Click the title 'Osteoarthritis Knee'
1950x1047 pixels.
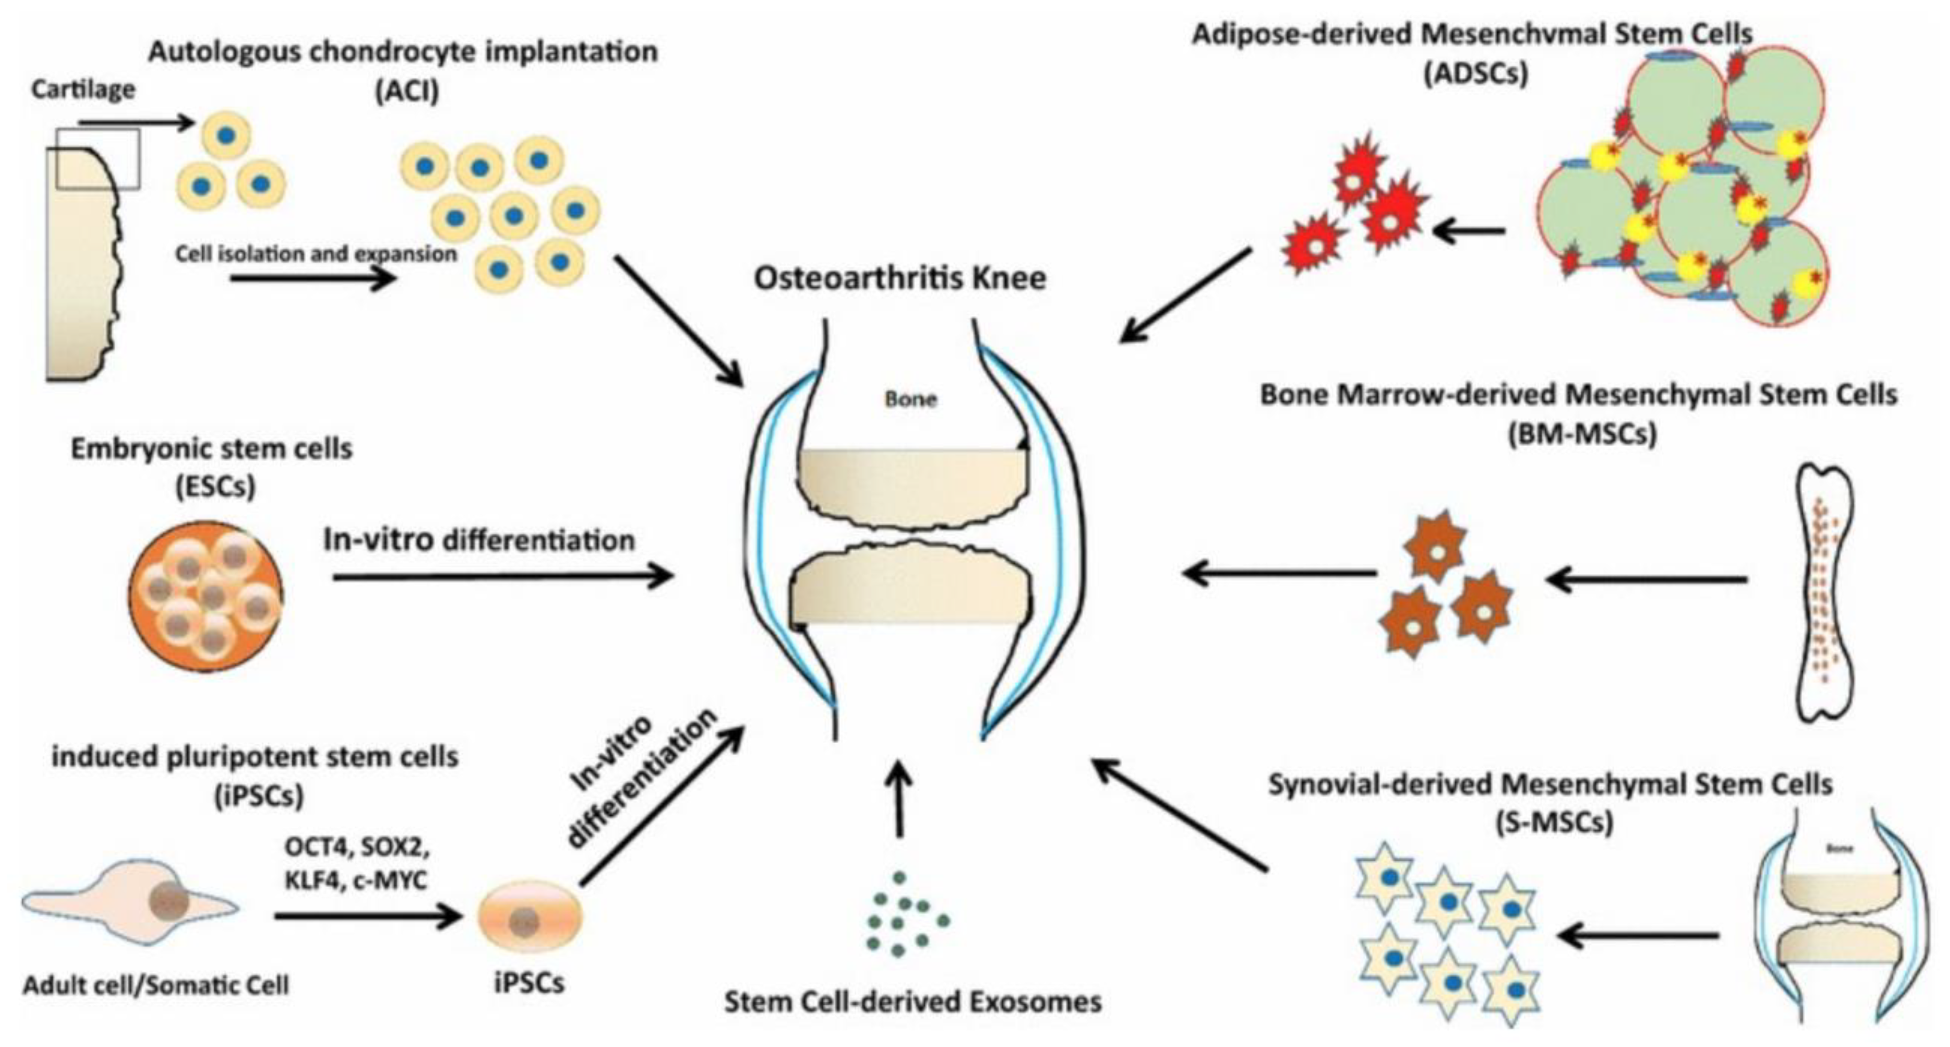tap(900, 278)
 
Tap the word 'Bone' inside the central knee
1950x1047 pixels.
tap(911, 399)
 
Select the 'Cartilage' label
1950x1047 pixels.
tap(83, 90)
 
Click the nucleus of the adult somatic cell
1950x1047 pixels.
tap(173, 901)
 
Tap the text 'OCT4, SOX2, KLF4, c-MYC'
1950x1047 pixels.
tap(356, 863)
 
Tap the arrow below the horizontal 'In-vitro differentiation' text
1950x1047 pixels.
tap(503, 577)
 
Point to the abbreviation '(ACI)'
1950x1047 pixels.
tap(407, 91)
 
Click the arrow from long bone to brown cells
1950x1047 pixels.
tap(1646, 580)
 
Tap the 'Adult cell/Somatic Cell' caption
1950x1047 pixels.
tap(156, 985)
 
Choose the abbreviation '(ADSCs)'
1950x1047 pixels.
tap(1476, 73)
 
